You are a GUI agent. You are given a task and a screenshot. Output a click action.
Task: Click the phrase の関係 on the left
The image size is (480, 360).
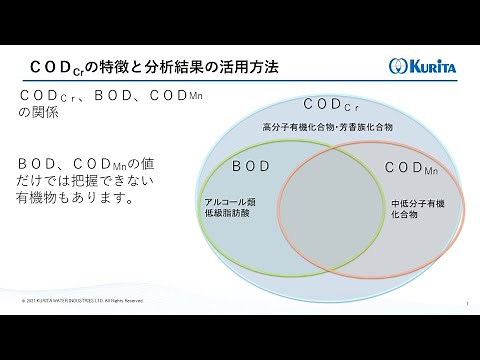click(39, 113)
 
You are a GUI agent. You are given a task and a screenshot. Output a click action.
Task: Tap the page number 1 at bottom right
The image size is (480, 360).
click(468, 300)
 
